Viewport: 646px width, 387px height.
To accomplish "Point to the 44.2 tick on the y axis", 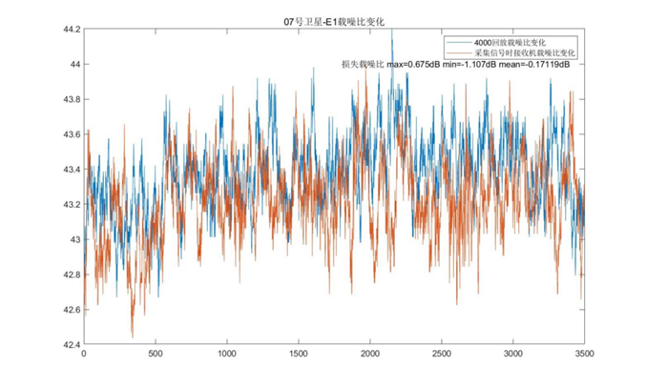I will click(x=71, y=30).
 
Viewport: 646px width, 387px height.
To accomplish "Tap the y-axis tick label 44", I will click(x=74, y=65).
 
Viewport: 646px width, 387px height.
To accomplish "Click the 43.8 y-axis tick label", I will click(x=71, y=99).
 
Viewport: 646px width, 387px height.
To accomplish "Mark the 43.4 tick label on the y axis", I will click(x=71, y=170).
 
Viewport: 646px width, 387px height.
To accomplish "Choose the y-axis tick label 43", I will click(x=74, y=239).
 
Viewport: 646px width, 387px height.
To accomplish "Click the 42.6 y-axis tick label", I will click(x=71, y=310).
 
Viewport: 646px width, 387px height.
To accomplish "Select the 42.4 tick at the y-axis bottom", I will click(x=71, y=344).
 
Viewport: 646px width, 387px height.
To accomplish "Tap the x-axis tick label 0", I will click(x=84, y=355).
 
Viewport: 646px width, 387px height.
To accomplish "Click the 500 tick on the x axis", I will click(x=156, y=355).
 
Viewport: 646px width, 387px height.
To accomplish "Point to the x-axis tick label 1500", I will click(x=299, y=355).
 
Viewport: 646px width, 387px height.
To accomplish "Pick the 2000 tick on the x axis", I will click(x=370, y=355).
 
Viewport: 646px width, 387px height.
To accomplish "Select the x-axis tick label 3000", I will click(x=513, y=355).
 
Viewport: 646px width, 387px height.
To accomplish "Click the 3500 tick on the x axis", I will click(x=584, y=355).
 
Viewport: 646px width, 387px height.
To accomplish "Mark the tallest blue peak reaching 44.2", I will click(x=391, y=31).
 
